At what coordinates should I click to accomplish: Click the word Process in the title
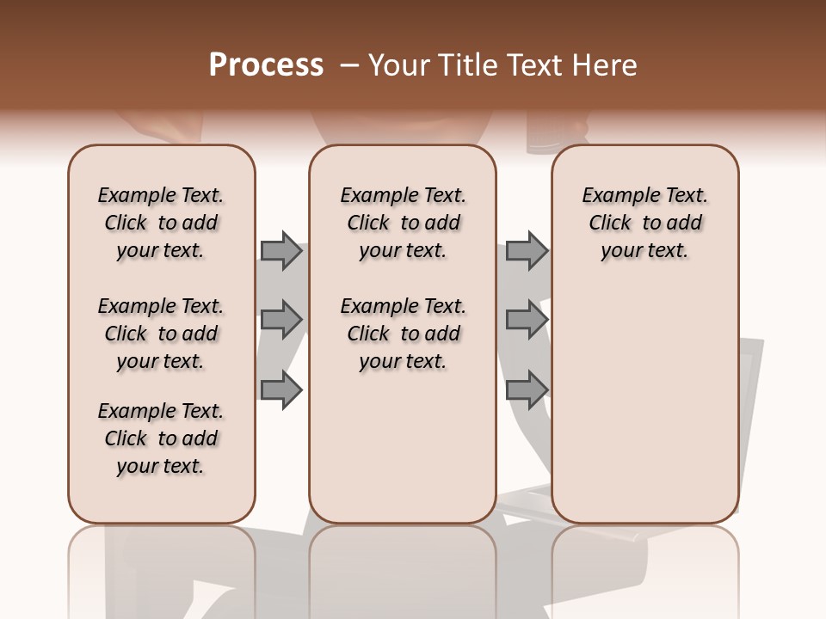click(x=266, y=65)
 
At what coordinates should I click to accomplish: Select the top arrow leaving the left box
click(x=281, y=251)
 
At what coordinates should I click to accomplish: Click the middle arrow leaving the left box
click(x=281, y=320)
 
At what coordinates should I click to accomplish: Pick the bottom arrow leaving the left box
click(x=281, y=390)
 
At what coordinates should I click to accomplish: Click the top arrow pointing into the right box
click(x=527, y=251)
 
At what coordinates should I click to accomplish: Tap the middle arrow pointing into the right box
click(x=527, y=320)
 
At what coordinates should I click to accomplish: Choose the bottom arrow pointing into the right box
click(x=527, y=390)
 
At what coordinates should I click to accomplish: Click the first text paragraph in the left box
click(x=161, y=223)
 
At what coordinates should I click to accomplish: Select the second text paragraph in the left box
click(x=161, y=334)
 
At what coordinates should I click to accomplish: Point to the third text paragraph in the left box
click(x=161, y=438)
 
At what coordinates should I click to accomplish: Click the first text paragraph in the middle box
click(x=403, y=223)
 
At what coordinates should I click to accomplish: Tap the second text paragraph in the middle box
click(x=403, y=334)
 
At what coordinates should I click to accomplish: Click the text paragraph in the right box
click(x=644, y=223)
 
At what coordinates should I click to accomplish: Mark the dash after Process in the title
click(x=348, y=65)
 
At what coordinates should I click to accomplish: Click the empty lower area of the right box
click(x=644, y=404)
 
